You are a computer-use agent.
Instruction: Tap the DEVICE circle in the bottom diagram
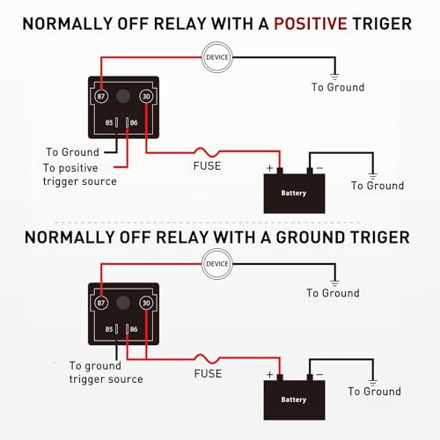[x=216, y=262]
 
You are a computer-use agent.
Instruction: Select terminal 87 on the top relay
[x=102, y=98]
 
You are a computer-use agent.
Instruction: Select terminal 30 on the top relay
[x=146, y=98]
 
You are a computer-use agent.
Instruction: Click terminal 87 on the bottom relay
[x=102, y=304]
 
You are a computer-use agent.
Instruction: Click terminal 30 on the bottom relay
[x=146, y=304]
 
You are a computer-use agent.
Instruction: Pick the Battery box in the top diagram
[x=295, y=192]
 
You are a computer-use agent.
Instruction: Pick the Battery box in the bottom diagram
[x=295, y=399]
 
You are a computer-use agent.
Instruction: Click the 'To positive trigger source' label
[x=79, y=174]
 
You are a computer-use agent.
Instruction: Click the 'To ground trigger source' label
[x=105, y=371]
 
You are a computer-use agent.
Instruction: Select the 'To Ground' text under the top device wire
[x=338, y=87]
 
